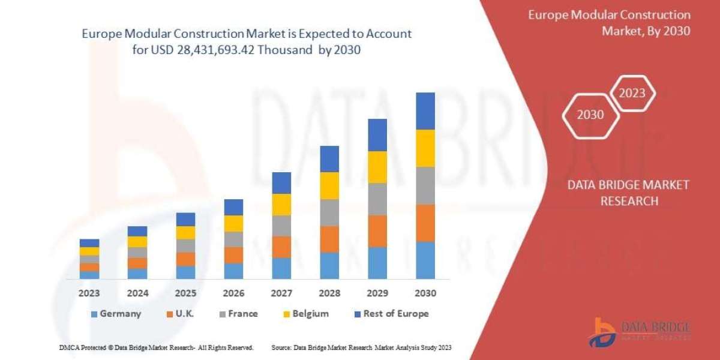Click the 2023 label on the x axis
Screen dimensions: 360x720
[x=89, y=293]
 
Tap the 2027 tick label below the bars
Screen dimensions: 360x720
[x=281, y=293]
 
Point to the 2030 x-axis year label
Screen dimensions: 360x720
[x=425, y=293]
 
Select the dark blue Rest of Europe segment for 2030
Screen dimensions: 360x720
[x=425, y=111]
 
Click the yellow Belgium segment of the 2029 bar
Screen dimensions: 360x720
[x=377, y=167]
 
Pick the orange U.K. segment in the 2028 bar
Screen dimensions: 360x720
[x=329, y=239]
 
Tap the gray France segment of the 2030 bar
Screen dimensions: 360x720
[x=425, y=185]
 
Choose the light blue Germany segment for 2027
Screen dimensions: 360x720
[x=281, y=268]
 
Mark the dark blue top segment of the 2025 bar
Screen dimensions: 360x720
[x=185, y=219]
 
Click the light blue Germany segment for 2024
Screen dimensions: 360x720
[x=137, y=274]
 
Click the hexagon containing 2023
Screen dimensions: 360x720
[x=632, y=93]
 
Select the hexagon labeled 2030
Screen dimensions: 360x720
[x=590, y=115]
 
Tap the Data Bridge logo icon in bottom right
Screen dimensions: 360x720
[x=601, y=331]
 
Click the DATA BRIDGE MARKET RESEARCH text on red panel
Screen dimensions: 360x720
[x=628, y=193]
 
